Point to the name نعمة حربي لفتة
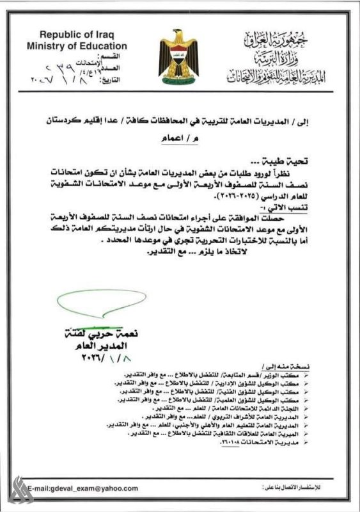coord(98,334)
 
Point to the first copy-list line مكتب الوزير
coord(243,374)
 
